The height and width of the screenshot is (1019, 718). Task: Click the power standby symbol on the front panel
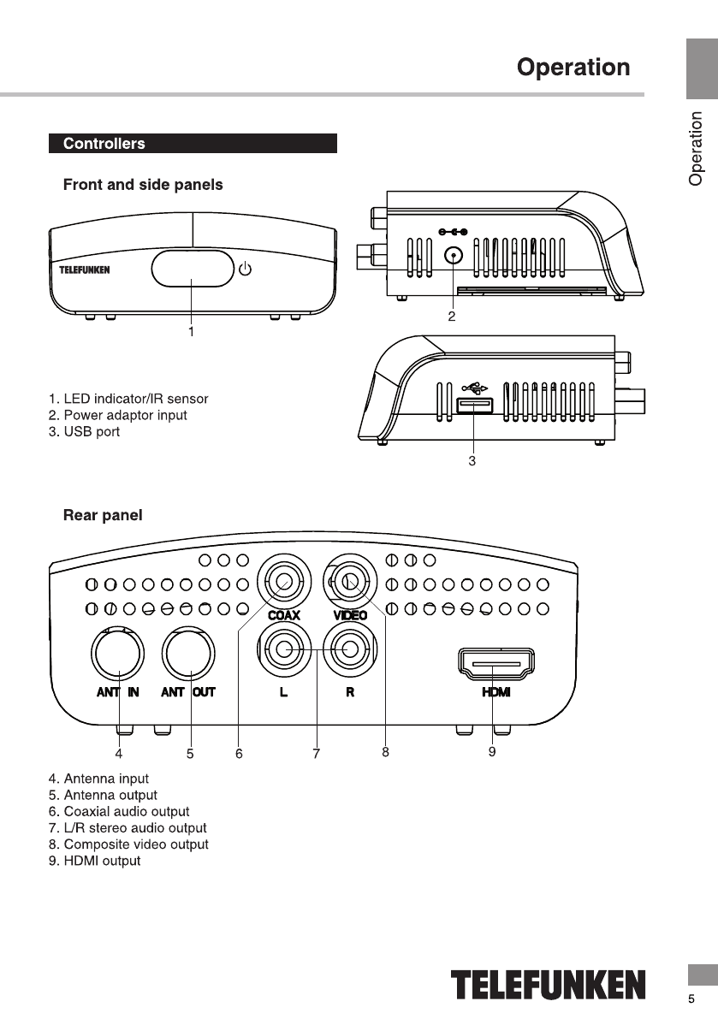click(x=245, y=269)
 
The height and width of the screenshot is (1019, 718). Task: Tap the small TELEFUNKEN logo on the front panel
click(x=85, y=270)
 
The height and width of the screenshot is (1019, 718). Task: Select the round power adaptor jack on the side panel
click(x=454, y=256)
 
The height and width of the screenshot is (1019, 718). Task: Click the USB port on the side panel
click(x=474, y=406)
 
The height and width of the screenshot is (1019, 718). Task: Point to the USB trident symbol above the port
click(x=474, y=388)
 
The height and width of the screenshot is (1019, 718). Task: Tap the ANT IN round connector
click(x=117, y=653)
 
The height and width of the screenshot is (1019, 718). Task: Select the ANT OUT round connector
click(x=188, y=653)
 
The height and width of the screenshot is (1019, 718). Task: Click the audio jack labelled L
click(x=284, y=649)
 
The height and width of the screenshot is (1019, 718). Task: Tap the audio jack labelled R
click(x=350, y=649)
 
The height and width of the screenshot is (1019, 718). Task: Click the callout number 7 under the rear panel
click(x=317, y=753)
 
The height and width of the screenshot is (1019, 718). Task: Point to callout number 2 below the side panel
click(x=452, y=317)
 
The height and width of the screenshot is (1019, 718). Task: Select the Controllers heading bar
click(x=193, y=144)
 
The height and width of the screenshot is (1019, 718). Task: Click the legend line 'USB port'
click(x=85, y=431)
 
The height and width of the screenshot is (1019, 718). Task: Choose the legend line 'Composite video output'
click(x=128, y=844)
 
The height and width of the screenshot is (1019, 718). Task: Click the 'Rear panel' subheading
click(x=103, y=515)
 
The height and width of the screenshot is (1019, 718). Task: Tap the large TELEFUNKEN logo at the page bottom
click(x=549, y=985)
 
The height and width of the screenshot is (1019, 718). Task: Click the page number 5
click(x=691, y=998)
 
